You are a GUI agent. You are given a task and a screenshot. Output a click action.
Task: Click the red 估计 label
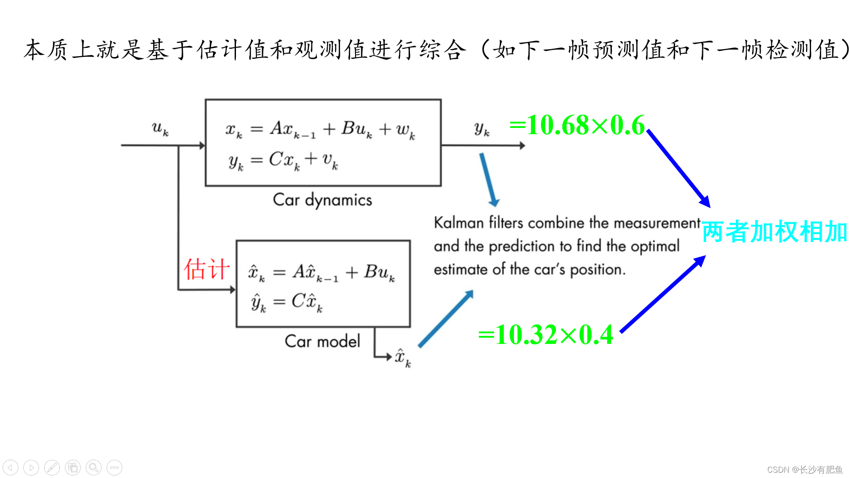[x=207, y=269]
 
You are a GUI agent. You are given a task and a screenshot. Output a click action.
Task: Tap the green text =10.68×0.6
[x=577, y=125]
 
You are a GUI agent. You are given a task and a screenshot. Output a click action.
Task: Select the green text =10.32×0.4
[x=545, y=335]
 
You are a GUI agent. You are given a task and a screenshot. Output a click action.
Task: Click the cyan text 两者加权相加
[x=774, y=231]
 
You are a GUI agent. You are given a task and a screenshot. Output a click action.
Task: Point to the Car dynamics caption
[x=322, y=200]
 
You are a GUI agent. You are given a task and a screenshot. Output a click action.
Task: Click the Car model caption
[x=322, y=341]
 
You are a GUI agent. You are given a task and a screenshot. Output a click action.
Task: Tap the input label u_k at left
[x=160, y=128]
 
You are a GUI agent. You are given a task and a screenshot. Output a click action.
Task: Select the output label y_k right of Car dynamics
[x=482, y=129]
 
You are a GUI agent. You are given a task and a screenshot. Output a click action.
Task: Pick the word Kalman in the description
[x=459, y=223]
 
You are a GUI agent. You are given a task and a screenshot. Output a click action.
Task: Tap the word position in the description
[x=597, y=270]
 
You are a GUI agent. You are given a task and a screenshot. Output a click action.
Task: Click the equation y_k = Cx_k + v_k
[x=283, y=161]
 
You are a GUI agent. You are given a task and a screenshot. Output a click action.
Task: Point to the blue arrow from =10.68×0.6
[x=678, y=168]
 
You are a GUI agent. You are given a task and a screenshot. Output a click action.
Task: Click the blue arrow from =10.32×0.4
[x=663, y=294]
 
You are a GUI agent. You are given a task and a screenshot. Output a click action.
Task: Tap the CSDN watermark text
[x=804, y=470]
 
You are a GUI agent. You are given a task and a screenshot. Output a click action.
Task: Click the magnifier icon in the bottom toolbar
[x=93, y=467]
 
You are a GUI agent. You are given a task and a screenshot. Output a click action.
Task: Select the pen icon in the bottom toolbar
[x=52, y=467]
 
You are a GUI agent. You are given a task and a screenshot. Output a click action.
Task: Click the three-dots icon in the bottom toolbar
[x=114, y=467]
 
